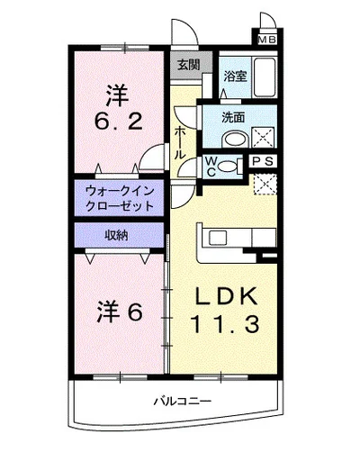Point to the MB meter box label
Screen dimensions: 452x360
[x=268, y=40]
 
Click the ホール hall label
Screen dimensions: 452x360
[x=181, y=142]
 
